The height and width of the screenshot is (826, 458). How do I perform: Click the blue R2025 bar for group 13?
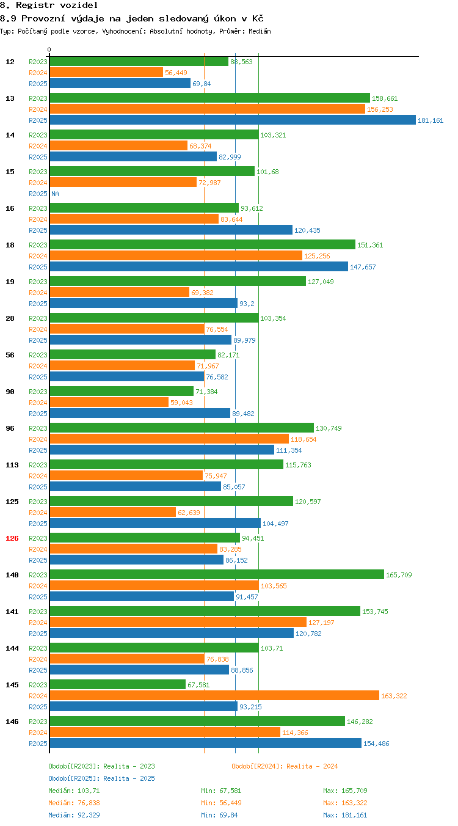pyautogui.click(x=233, y=120)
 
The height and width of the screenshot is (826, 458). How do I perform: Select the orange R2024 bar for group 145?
pyautogui.click(x=214, y=695)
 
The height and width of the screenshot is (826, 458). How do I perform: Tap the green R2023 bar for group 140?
pyautogui.click(x=217, y=574)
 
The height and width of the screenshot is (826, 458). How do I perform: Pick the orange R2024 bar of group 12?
pyautogui.click(x=106, y=72)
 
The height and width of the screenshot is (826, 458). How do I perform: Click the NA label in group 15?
pyautogui.click(x=56, y=194)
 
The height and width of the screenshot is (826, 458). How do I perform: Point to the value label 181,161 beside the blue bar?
pyautogui.click(x=431, y=120)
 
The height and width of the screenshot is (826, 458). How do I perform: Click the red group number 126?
pyautogui.click(x=12, y=538)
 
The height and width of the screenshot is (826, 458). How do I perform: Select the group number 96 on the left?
pyautogui.click(x=10, y=428)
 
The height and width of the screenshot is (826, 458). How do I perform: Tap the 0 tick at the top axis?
pyautogui.click(x=49, y=49)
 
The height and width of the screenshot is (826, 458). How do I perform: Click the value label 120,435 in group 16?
pyautogui.click(x=307, y=230)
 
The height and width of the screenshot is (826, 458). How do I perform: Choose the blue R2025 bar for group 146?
pyautogui.click(x=206, y=743)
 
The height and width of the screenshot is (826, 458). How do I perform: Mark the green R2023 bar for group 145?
pyautogui.click(x=117, y=684)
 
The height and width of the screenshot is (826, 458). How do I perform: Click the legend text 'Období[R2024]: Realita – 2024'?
pyautogui.click(x=285, y=766)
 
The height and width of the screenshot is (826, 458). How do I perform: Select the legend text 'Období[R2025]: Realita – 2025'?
pyautogui.click(x=102, y=778)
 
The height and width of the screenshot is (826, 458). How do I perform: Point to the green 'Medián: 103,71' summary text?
pyautogui.click(x=74, y=791)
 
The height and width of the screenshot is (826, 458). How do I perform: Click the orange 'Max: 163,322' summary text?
pyautogui.click(x=345, y=803)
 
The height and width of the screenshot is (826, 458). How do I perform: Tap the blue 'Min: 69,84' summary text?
pyautogui.click(x=219, y=815)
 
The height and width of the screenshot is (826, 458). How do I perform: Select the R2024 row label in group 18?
pyautogui.click(x=38, y=256)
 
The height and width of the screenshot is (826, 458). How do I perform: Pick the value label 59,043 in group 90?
pyautogui.click(x=181, y=403)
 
